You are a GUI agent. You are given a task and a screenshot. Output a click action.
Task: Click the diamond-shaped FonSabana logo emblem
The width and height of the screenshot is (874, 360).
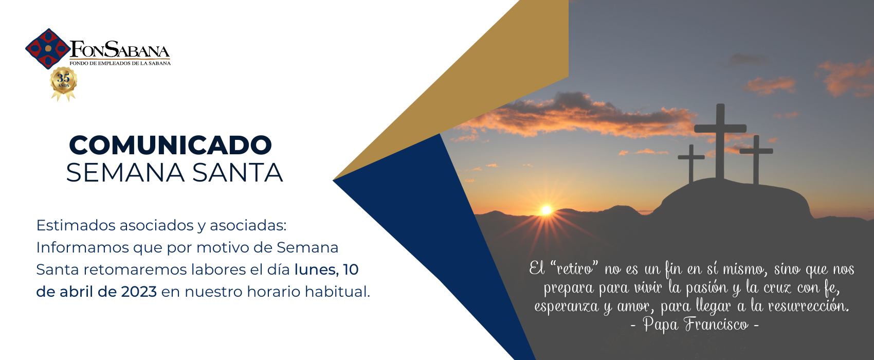click(x=48, y=48)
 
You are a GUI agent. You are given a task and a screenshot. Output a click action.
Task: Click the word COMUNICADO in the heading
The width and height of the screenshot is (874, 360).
click(x=171, y=145)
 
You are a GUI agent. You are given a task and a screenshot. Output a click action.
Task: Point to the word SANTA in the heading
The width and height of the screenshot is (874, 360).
click(x=238, y=173)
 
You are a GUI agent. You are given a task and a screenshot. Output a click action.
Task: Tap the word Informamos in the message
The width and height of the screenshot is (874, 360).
click(x=82, y=247)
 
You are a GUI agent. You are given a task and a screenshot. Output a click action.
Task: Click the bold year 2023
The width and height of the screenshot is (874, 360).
click(x=139, y=292)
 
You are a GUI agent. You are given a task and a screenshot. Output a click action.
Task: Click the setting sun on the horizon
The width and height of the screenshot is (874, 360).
click(x=546, y=210)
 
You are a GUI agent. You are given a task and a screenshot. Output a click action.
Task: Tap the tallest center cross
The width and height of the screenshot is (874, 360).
click(x=720, y=141)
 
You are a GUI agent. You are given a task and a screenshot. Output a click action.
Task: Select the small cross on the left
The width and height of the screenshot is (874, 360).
click(x=691, y=164)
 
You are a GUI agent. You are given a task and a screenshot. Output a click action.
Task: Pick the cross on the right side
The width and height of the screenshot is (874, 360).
click(x=756, y=159)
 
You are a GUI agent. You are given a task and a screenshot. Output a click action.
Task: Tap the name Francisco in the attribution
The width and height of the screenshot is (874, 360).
click(x=716, y=324)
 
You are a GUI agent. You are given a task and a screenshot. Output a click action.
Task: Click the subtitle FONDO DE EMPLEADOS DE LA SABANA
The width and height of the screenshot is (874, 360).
click(x=120, y=63)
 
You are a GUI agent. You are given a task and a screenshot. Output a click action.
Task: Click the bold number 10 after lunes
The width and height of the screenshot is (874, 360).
click(x=351, y=269)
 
